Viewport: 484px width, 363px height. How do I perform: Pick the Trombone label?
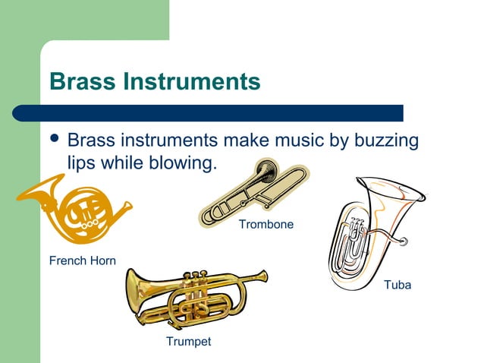click(x=266, y=225)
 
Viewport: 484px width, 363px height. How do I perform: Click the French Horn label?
click(x=83, y=261)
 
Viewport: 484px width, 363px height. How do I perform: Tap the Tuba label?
click(x=398, y=286)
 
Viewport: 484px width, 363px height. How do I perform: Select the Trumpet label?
click(x=188, y=342)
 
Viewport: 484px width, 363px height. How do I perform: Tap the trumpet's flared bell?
click(x=137, y=288)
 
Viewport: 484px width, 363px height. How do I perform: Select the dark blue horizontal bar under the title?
click(x=209, y=113)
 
